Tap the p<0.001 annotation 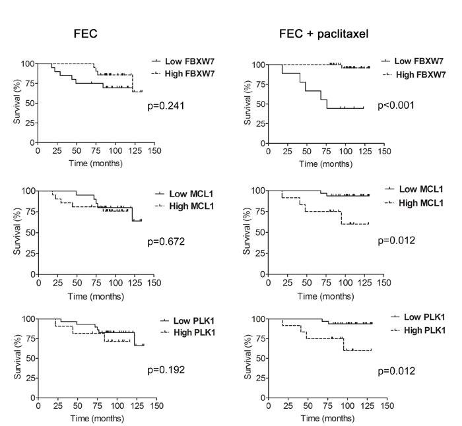395,105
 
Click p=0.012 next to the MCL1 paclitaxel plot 396,240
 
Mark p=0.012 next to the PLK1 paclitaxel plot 396,371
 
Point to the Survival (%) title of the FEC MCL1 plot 16,232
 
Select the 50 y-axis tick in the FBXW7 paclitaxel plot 259,104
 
